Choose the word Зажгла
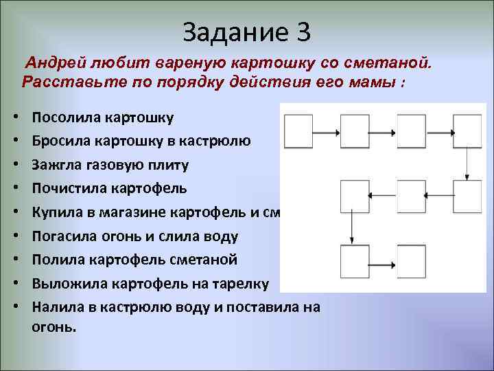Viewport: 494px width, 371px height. point(56,165)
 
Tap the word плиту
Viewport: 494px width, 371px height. point(169,165)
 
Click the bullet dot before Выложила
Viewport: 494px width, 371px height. point(15,284)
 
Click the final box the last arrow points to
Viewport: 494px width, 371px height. point(411,262)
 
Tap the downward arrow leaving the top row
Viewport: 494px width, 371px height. point(467,164)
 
